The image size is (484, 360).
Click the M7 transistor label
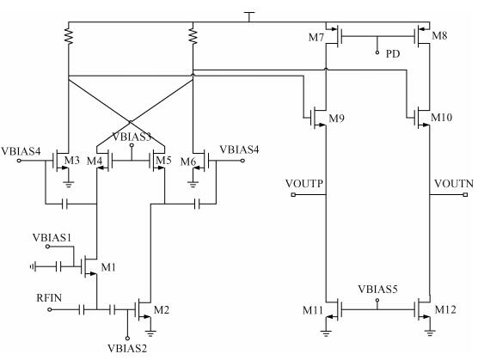coord(316,38)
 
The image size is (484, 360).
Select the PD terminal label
coord(393,54)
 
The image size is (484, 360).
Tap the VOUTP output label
coord(304,184)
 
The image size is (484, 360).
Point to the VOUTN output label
coord(454,184)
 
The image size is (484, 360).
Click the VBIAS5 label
coord(377,290)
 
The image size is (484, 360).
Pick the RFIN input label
coord(49,297)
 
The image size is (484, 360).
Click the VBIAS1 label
coord(52,237)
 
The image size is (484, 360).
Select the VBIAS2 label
coord(127,349)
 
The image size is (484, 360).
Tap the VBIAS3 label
coord(132,137)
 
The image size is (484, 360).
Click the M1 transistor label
coord(108,267)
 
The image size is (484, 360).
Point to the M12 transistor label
coord(445,309)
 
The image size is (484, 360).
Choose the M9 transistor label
coord(336,119)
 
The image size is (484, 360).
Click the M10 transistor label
coord(441,117)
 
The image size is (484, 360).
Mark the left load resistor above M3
coord(69,35)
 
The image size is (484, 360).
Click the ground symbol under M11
coord(326,333)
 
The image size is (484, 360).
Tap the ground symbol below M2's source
coord(150,333)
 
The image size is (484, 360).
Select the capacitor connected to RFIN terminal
coord(82,309)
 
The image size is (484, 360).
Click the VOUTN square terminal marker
coord(465,195)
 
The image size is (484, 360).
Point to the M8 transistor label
coord(439,35)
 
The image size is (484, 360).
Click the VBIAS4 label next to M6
coord(239,149)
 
